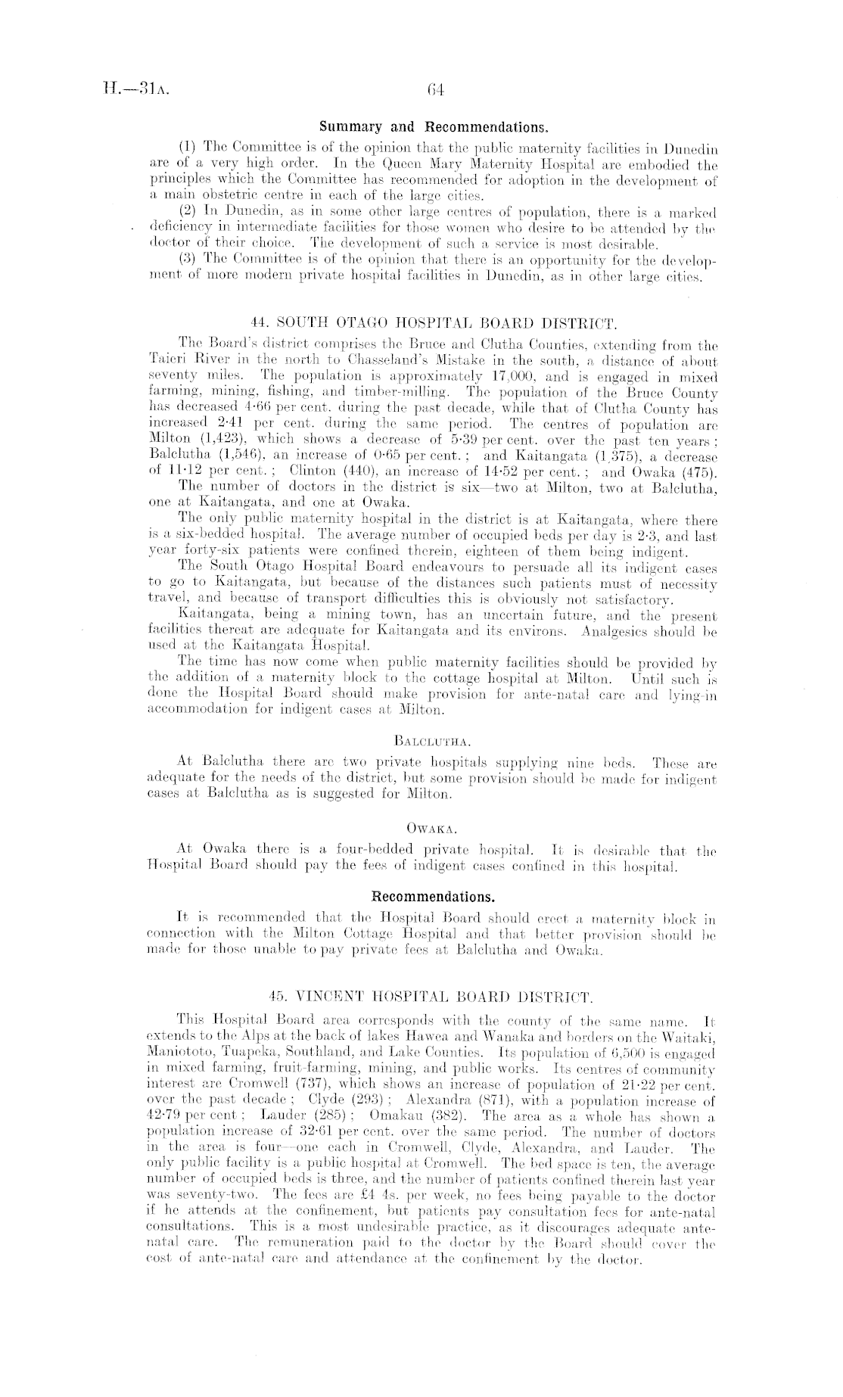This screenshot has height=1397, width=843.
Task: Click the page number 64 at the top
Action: point(434,89)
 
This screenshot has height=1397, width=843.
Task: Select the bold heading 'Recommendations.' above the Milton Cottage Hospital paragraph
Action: point(434,898)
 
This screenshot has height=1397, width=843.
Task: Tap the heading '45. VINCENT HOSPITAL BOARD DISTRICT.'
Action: point(434,994)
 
